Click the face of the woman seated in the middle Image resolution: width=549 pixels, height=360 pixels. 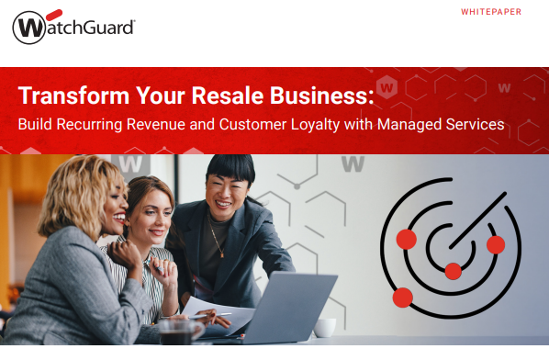(151, 214)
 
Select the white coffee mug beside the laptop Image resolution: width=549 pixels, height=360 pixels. (325, 327)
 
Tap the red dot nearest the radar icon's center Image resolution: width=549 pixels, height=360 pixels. (453, 270)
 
